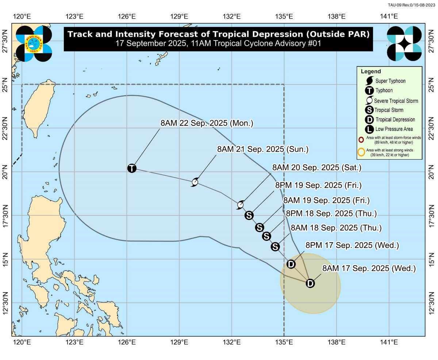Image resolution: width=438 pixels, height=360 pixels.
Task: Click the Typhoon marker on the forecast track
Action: tap(132, 168)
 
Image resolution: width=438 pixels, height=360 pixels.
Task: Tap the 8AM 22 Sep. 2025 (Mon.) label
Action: tap(207, 123)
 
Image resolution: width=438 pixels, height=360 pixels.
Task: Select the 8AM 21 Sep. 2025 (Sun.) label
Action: tap(263, 149)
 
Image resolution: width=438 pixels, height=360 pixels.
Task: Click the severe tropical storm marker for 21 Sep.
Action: tap(195, 182)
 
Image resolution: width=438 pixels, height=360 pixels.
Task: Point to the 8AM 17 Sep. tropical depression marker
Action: tap(310, 283)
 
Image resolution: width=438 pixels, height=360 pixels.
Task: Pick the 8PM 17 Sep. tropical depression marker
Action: tap(291, 264)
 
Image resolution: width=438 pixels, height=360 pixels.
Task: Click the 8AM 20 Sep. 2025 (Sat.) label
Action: tap(317, 168)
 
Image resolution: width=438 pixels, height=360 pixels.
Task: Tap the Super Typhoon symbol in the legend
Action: tap(369, 81)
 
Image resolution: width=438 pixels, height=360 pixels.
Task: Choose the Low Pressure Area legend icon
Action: tap(369, 129)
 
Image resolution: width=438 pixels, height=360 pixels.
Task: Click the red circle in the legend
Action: tap(361, 140)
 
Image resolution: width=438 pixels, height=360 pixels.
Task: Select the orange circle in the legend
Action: tap(361, 152)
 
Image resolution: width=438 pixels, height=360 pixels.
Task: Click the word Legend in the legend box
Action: tap(371, 71)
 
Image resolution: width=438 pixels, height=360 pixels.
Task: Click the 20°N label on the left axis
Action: tap(5, 172)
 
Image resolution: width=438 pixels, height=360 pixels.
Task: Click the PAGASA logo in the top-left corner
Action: tap(34, 43)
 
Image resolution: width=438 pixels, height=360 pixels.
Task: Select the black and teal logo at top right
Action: tap(404, 43)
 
